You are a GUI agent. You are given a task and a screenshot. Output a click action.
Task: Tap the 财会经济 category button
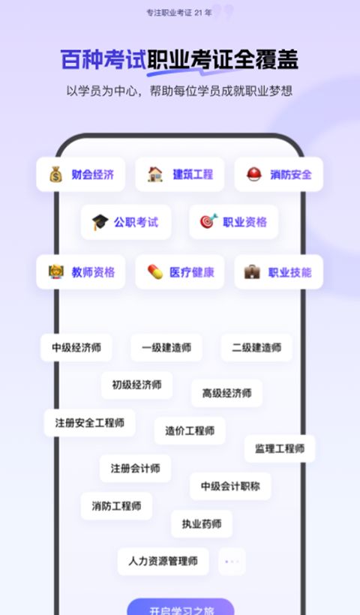pyautogui.click(x=81, y=175)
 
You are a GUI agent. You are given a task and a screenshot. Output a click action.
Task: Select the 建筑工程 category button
pyautogui.click(x=179, y=175)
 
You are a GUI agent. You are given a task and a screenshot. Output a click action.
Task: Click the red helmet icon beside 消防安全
pyautogui.click(x=253, y=174)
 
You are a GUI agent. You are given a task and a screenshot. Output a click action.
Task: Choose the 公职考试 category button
pyautogui.click(x=126, y=223)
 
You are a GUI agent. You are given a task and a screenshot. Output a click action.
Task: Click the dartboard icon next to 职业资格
pyautogui.click(x=208, y=221)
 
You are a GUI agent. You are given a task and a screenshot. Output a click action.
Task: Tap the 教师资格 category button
pyautogui.click(x=81, y=271)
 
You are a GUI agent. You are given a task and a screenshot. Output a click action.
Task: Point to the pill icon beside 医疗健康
pyautogui.click(x=155, y=271)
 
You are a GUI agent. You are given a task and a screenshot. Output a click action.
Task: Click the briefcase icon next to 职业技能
pyautogui.click(x=252, y=271)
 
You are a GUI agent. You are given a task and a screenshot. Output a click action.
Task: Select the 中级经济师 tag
pyautogui.click(x=76, y=347)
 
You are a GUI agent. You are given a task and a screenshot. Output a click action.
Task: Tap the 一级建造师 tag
pyautogui.click(x=166, y=347)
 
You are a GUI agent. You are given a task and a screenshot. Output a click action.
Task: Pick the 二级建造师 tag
pyautogui.click(x=256, y=347)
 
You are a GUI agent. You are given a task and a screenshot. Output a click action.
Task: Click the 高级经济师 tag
pyautogui.click(x=226, y=393)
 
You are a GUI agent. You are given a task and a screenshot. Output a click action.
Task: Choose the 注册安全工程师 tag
pyautogui.click(x=90, y=423)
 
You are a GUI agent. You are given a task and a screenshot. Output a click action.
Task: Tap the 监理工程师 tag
pyautogui.click(x=280, y=448)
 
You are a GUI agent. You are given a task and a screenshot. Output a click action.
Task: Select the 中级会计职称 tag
pyautogui.click(x=230, y=486)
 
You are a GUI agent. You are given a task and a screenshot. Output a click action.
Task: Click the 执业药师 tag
pyautogui.click(x=202, y=524)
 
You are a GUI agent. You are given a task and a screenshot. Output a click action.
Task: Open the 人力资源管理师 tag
pyautogui.click(x=163, y=562)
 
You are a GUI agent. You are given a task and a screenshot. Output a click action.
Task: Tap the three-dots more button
pyautogui.click(x=232, y=562)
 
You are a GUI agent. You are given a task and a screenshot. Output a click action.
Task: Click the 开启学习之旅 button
pyautogui.click(x=181, y=607)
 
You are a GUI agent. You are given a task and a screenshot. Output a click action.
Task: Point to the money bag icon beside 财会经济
pyautogui.click(x=55, y=174)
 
